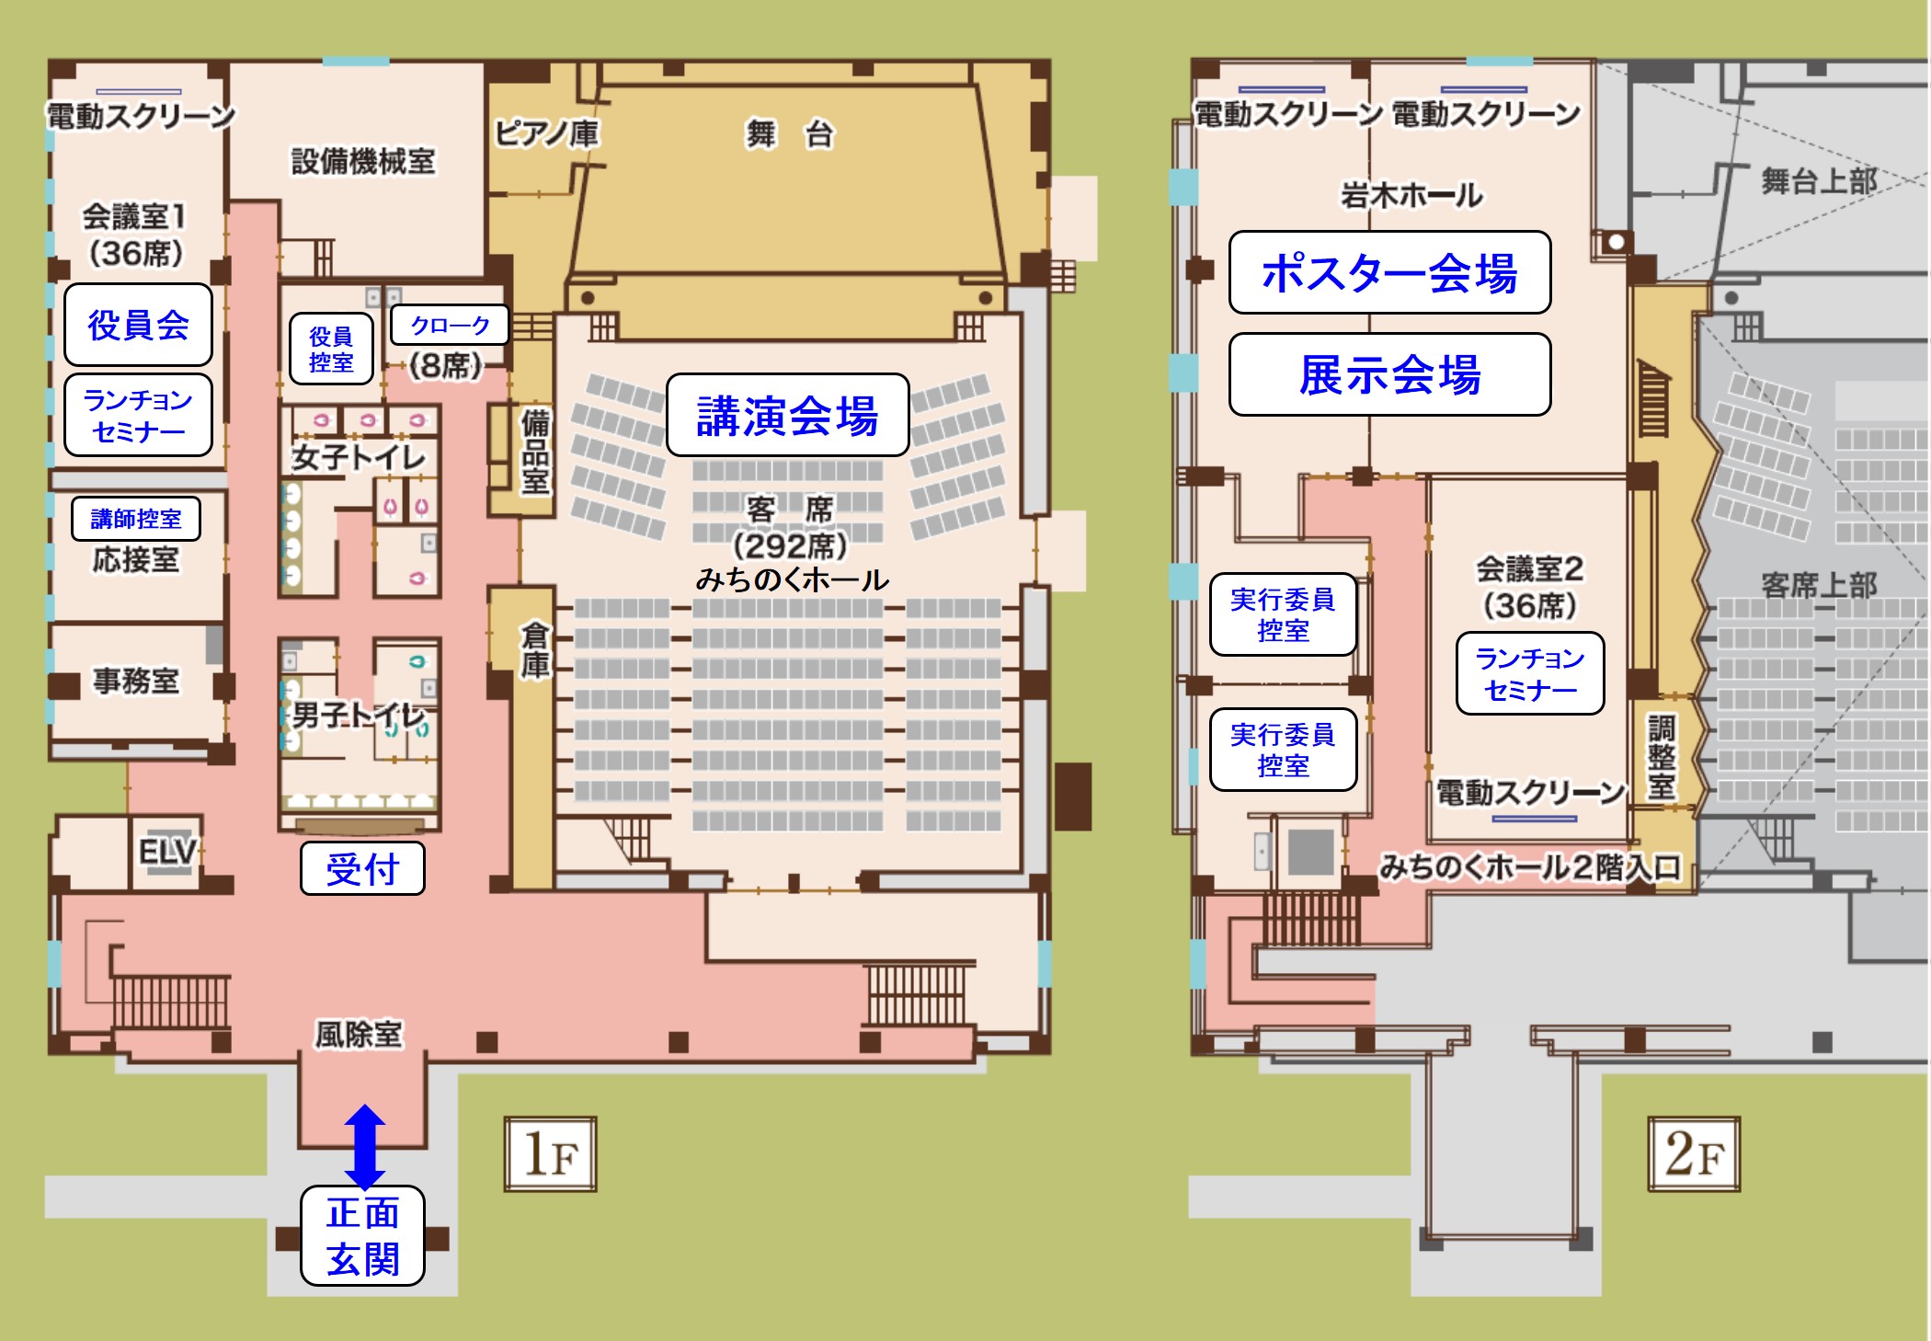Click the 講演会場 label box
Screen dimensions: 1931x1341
coord(787,415)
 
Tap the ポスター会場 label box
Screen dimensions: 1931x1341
coord(1389,272)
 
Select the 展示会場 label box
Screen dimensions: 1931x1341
coord(1389,374)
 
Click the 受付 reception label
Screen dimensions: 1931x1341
coord(362,868)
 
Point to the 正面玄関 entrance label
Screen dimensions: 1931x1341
coord(362,1235)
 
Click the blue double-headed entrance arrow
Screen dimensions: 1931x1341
coord(365,1146)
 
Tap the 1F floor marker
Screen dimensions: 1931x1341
coord(550,1154)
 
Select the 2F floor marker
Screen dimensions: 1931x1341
coord(1694,1154)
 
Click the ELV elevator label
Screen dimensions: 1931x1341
coord(167,852)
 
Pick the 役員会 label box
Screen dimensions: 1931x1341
coord(138,325)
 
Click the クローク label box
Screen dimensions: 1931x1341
coord(450,325)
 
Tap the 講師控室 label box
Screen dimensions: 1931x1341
coord(136,519)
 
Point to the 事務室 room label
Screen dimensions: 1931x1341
coord(136,681)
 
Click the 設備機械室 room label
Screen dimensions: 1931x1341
coord(363,161)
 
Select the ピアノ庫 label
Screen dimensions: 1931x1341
coord(546,133)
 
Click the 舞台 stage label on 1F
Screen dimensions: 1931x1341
coord(789,134)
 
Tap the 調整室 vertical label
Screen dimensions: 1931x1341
coord(1661,756)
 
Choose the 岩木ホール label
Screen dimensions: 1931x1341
coord(1411,195)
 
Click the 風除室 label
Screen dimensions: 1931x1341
coord(359,1035)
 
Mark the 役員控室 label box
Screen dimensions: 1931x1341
coord(331,349)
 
